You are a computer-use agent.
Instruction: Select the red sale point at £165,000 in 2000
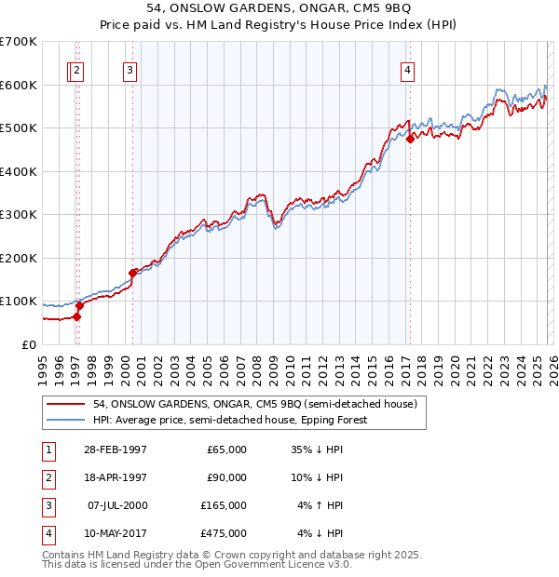[133, 273]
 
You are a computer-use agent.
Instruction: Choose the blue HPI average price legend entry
[230, 420]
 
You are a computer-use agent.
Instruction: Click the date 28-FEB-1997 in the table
[115, 450]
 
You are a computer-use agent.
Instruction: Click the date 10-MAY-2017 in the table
[115, 533]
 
